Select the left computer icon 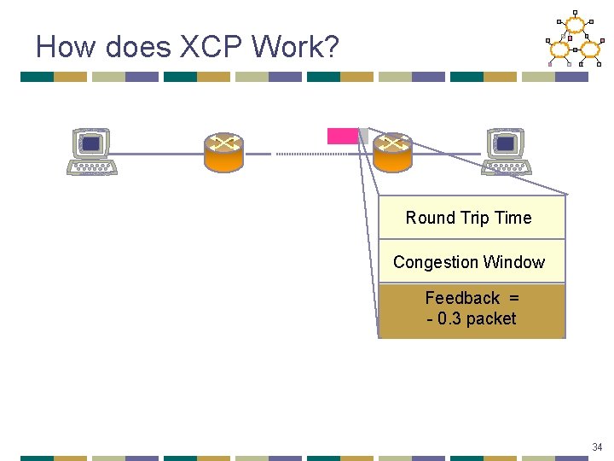[92, 151]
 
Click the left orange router [223, 152]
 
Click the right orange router [392, 152]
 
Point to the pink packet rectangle [343, 136]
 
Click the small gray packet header [363, 136]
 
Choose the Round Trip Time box [472, 218]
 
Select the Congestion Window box [472, 262]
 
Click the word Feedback [462, 298]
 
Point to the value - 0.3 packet [472, 318]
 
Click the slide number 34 [597, 446]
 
